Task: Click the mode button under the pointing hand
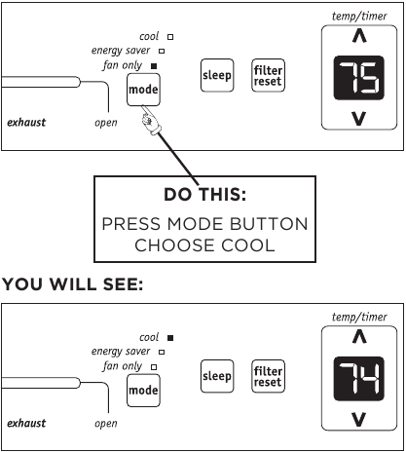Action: [142, 92]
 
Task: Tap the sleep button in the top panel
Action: [216, 75]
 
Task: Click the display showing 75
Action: [358, 82]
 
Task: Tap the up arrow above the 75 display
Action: [358, 40]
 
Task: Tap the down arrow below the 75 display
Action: [358, 121]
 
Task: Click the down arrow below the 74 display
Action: [358, 420]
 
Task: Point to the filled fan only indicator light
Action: [154, 66]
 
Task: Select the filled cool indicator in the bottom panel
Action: [170, 338]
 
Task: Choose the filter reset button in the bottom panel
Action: [267, 375]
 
